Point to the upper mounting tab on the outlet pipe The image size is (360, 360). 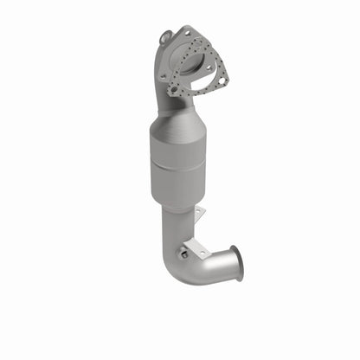pos(198,214)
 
